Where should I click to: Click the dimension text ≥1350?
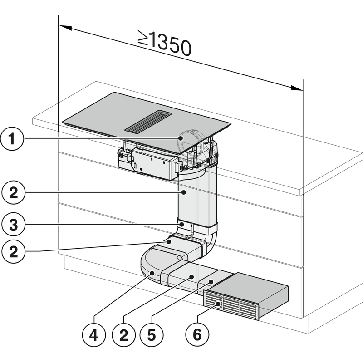click(164, 44)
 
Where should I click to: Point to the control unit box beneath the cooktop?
click(152, 163)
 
